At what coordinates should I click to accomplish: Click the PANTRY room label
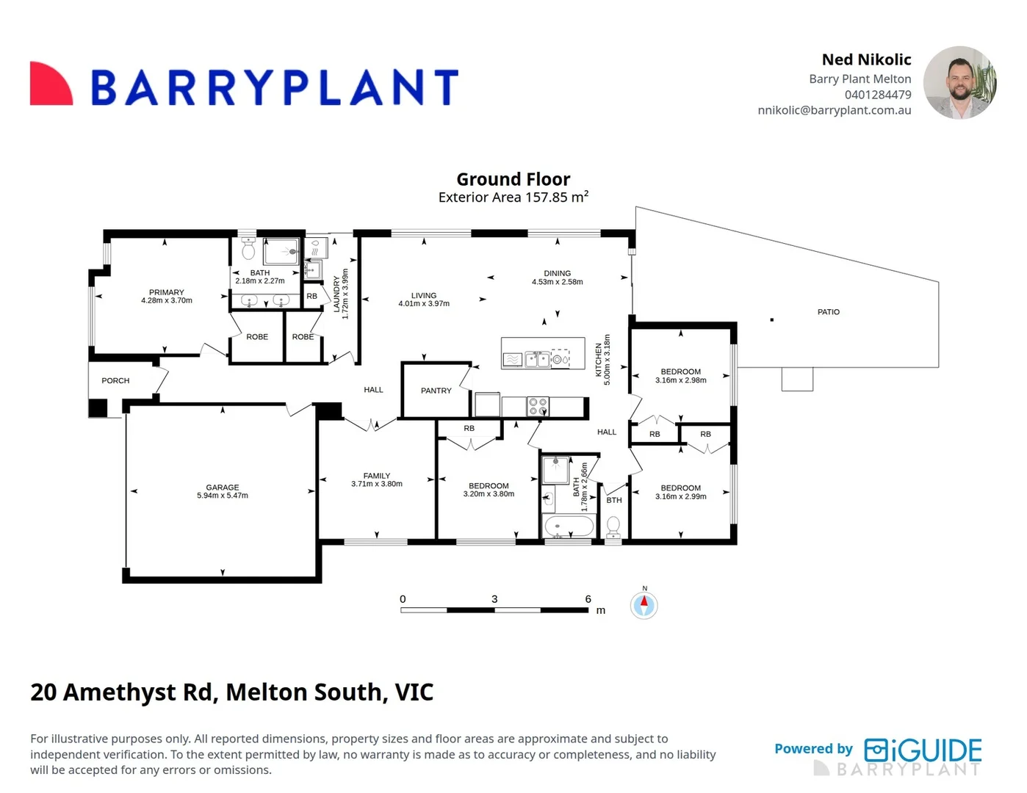point(436,391)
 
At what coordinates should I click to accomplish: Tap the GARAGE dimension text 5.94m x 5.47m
point(222,496)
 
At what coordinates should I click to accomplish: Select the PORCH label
point(115,380)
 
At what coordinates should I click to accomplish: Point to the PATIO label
point(828,312)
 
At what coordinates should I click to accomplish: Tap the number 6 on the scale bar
point(588,599)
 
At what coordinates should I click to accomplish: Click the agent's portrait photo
point(960,82)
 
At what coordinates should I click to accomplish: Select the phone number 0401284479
point(878,95)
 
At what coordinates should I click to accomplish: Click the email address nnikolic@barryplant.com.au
point(835,110)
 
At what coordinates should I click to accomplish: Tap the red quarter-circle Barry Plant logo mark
point(51,84)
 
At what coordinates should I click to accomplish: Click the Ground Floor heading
point(513,179)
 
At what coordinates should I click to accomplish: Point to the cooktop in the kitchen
point(538,406)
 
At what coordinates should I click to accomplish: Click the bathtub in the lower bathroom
point(569,526)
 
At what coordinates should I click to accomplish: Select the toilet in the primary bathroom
point(248,248)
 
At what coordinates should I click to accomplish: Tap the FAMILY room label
point(377,476)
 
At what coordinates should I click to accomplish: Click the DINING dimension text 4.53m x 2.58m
point(558,282)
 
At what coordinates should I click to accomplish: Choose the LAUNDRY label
point(336,294)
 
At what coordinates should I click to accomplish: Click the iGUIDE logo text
point(923,750)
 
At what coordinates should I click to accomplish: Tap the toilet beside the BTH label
point(613,527)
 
